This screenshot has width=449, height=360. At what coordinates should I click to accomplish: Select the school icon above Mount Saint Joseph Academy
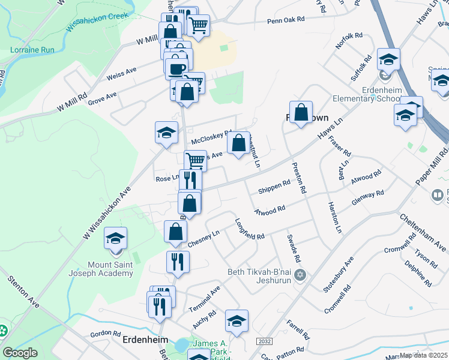[115, 238]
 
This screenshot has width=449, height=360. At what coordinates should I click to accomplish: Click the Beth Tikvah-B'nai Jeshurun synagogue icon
[301, 275]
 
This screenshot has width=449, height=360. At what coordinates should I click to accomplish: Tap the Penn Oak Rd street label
[286, 19]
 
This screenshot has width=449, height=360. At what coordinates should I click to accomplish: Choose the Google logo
[20, 353]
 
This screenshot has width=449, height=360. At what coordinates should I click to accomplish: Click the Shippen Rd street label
[274, 190]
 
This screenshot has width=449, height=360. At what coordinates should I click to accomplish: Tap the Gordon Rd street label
[105, 333]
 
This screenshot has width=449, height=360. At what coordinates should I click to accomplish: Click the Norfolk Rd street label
[349, 40]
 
